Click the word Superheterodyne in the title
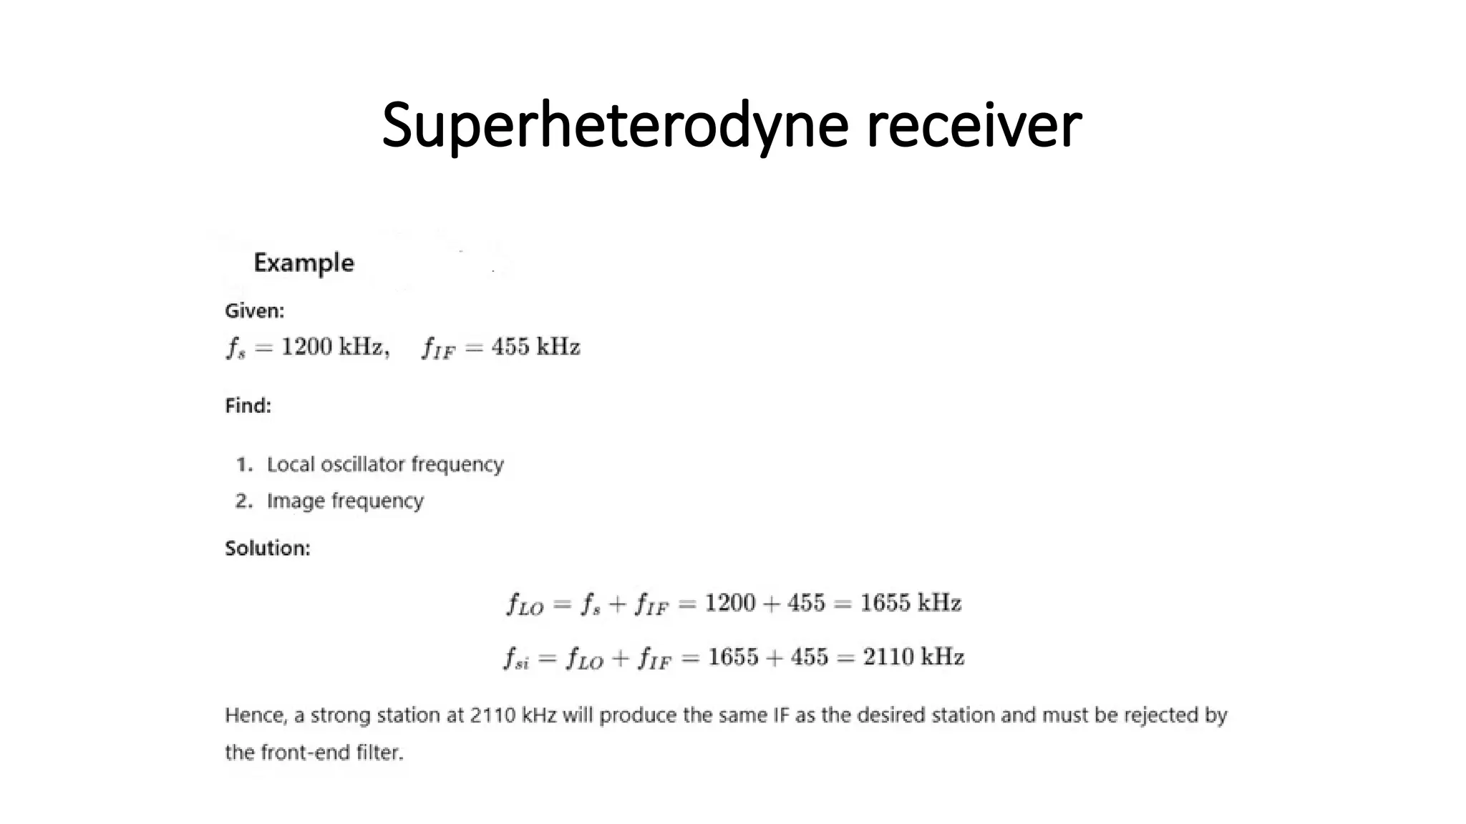[x=615, y=126]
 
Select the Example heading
[x=304, y=263]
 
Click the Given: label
[x=254, y=310]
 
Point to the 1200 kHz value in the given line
[x=332, y=347]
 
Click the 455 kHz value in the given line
[x=535, y=347]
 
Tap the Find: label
[x=248, y=406]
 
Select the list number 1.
[x=243, y=465]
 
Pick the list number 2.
[x=243, y=501]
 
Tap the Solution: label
[x=267, y=549]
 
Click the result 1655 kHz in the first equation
[x=910, y=603]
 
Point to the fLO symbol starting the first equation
[x=525, y=604]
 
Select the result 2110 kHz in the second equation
[x=913, y=657]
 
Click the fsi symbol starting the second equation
[x=516, y=658]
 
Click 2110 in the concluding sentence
[x=492, y=715]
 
